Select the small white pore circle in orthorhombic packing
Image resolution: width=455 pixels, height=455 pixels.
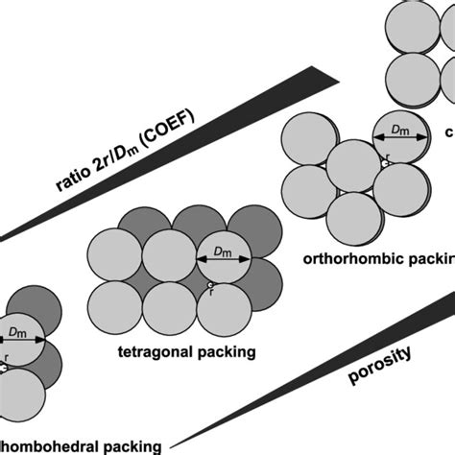tap(384, 164)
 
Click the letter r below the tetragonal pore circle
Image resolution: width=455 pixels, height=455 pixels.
tap(211, 295)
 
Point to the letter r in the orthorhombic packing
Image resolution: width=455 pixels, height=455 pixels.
tap(387, 155)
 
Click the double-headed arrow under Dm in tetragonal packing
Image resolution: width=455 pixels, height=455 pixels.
tap(223, 260)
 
